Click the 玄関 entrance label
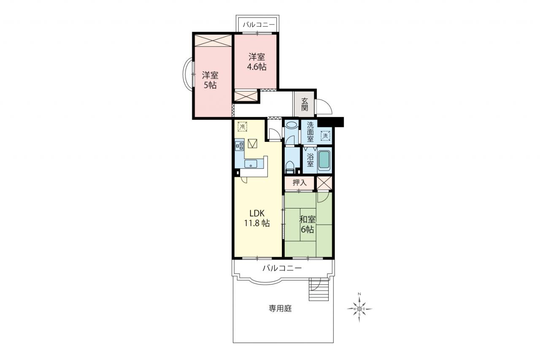coord(305,104)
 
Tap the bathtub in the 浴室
coord(324,160)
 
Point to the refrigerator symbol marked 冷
coord(242,127)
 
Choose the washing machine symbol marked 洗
coord(325,135)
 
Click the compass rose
coord(359,309)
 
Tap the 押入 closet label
coord(300,182)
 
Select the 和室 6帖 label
coord(308,224)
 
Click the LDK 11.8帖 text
coord(257,218)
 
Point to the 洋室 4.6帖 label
coord(257,62)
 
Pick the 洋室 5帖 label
coord(210,80)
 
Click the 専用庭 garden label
coord(281,309)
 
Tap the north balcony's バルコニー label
coord(259,24)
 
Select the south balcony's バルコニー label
coord(282,268)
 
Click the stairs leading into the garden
coord(319,290)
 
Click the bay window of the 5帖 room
coord(188,74)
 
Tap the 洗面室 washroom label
coord(310,132)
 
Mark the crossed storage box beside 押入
coord(324,183)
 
